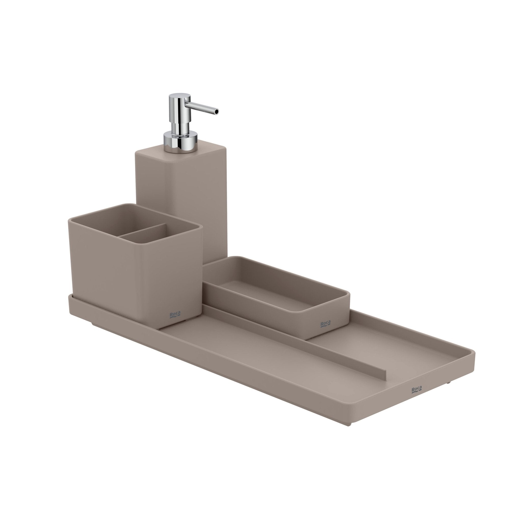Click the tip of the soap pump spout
pyautogui.click(x=217, y=111)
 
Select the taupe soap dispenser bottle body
pyautogui.click(x=181, y=189)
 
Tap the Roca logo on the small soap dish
pyautogui.click(x=325, y=324)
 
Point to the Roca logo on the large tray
pyautogui.click(x=416, y=397)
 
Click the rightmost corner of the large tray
pyautogui.click(x=474, y=353)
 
